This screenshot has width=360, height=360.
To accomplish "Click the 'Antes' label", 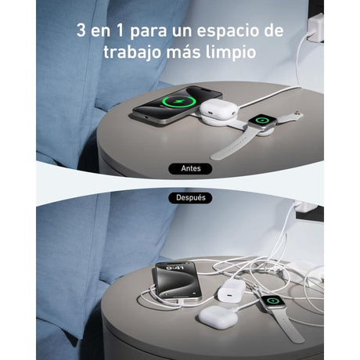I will click(190, 168).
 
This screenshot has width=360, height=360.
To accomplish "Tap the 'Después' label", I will click(190, 198).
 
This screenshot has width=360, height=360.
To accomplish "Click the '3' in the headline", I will click(81, 31).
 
